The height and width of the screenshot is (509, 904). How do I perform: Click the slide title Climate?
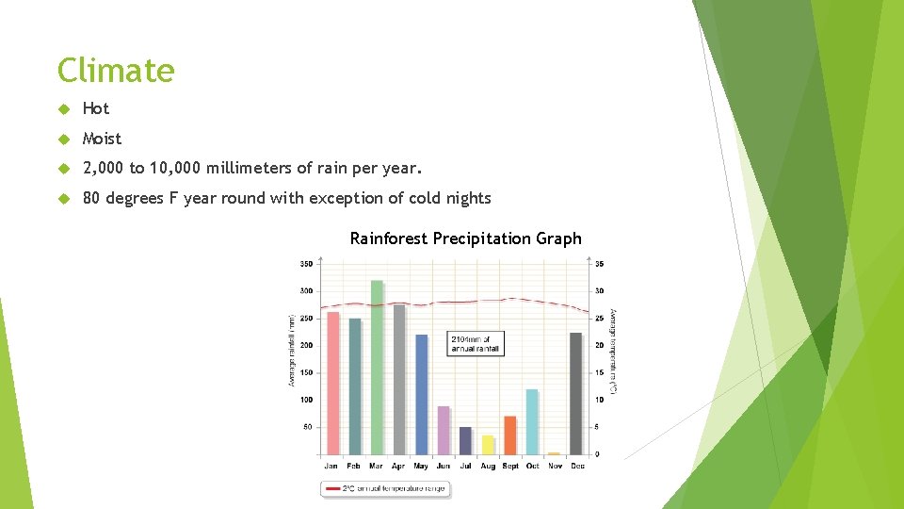coord(116,71)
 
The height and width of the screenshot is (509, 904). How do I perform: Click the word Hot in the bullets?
coord(96,108)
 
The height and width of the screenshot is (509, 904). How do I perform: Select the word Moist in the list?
coord(102,139)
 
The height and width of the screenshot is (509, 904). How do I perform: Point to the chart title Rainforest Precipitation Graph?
coord(465,238)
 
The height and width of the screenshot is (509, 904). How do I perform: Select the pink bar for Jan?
coord(332,383)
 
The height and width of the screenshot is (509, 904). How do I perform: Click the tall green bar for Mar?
coord(377,368)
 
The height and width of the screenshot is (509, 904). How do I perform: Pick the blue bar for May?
coord(421,394)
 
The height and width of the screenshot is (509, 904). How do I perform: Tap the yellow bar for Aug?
coord(488,444)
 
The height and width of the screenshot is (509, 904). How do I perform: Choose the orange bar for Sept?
coord(510,435)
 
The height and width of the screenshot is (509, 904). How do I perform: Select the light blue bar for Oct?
coord(532,421)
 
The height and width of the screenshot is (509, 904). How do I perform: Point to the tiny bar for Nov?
coord(554,453)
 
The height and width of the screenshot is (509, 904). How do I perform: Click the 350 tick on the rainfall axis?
coord(307,263)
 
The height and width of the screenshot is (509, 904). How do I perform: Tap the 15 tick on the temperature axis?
coord(600,372)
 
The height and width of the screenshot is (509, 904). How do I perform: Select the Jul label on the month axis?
coord(465,466)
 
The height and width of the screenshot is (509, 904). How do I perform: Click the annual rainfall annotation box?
coord(476,343)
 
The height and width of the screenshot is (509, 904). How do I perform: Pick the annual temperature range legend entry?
coord(386,488)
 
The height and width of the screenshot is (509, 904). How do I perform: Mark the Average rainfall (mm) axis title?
coord(291,350)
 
